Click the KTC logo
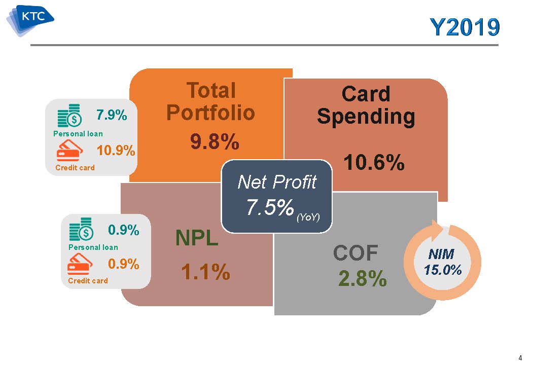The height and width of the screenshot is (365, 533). coord(30,20)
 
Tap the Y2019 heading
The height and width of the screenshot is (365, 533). coord(465,27)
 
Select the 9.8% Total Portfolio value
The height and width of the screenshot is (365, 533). coord(215,141)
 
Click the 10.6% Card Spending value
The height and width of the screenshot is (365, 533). coord(374,162)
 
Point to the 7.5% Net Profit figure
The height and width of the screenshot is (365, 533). coord(270,207)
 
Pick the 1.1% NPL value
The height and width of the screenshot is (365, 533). coord(206,272)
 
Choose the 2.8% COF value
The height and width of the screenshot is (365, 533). coord(363,279)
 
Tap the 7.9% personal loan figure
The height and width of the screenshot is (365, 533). coord(112,115)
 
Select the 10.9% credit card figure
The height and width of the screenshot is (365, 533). coord(116,150)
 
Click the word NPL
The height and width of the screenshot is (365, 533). coord(197,238)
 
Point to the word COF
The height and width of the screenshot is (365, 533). coord(356,253)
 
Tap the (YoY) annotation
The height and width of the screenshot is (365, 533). coord(308,217)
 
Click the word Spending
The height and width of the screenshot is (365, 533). coord(366,117)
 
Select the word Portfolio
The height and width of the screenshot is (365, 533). coord(211,113)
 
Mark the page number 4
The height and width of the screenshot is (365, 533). coord(520,357)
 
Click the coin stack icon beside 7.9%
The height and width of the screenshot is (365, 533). coord(69,116)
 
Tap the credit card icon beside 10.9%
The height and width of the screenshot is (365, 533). coord(69,150)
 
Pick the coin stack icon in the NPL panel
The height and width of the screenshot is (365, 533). coord(81,229)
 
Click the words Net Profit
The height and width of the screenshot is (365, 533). coord(277,182)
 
